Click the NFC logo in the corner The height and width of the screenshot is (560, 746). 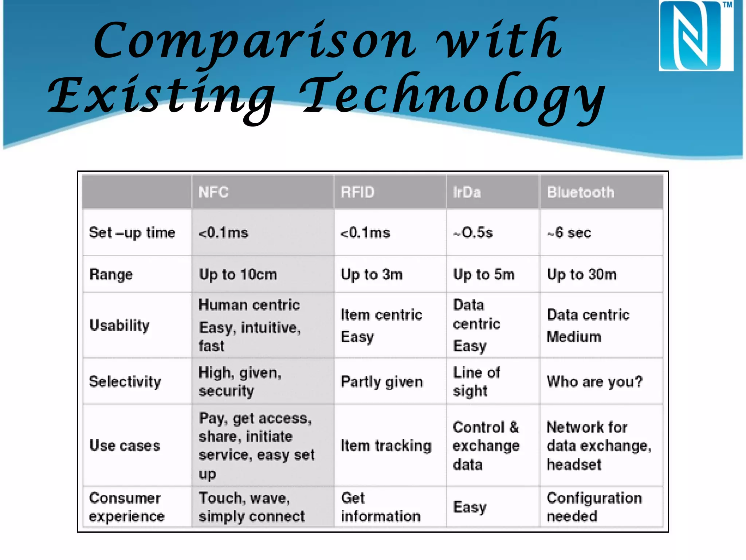[x=695, y=36]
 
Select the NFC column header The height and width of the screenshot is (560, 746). [x=213, y=192]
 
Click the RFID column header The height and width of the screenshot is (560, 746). [x=357, y=192]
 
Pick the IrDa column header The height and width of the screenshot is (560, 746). [x=467, y=192]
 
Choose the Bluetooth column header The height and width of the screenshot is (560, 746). [x=580, y=192]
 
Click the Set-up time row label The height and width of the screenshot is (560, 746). [x=132, y=233]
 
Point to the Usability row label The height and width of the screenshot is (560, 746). [x=119, y=325]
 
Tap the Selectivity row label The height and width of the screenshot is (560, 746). [x=125, y=382]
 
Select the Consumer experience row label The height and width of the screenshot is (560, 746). [x=126, y=507]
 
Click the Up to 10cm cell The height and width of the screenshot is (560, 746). [x=238, y=275]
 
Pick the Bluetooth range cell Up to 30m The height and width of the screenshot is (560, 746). [x=582, y=275]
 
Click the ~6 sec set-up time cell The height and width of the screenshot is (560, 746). [x=569, y=233]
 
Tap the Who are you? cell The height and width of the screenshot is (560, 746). [x=594, y=382]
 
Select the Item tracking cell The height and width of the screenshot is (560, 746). [x=386, y=446]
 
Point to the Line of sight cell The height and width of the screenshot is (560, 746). [x=476, y=382]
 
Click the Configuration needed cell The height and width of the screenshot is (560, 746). [x=594, y=507]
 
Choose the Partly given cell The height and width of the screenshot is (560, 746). [x=382, y=382]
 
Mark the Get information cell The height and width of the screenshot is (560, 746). [x=380, y=507]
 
